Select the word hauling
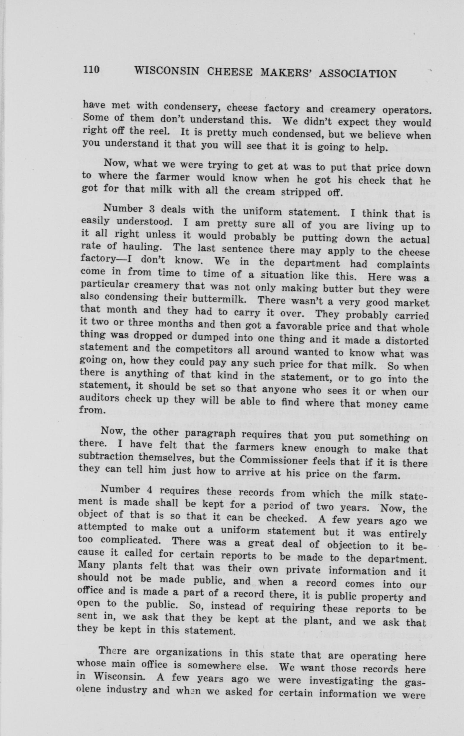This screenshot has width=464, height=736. pyautogui.click(x=141, y=247)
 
